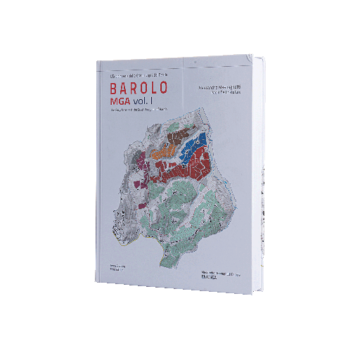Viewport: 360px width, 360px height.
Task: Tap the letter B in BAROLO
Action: [x=114, y=90]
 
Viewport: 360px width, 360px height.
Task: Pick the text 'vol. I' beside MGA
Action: [x=148, y=103]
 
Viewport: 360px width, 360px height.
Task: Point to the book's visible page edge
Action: [x=262, y=176]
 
